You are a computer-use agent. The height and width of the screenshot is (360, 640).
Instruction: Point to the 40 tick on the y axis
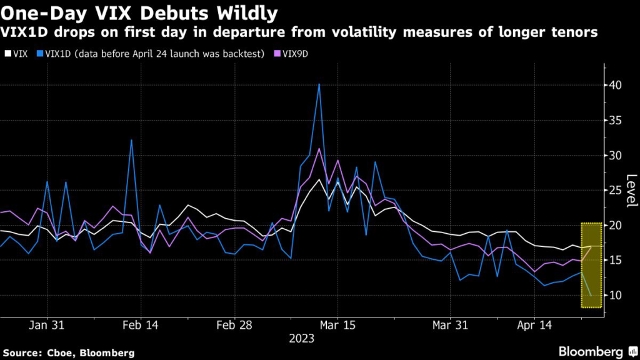point(615,85)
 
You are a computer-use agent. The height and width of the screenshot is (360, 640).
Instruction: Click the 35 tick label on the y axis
point(615,120)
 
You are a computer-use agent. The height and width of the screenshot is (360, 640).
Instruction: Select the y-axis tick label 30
point(615,155)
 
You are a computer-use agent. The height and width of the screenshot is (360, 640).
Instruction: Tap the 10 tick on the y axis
point(615,295)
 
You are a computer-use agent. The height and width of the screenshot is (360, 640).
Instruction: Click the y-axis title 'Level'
point(631,190)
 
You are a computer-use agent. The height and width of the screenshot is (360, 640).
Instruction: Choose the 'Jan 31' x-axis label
point(47,326)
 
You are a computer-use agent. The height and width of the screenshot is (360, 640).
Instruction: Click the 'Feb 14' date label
point(140,326)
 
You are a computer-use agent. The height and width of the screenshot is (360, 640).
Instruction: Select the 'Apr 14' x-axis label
point(535,326)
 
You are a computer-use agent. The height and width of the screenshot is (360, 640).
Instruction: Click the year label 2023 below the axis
point(302,339)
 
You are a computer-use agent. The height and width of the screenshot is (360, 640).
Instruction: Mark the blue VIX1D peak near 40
point(319,84)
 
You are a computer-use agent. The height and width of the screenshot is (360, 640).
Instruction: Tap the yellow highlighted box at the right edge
point(591,265)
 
